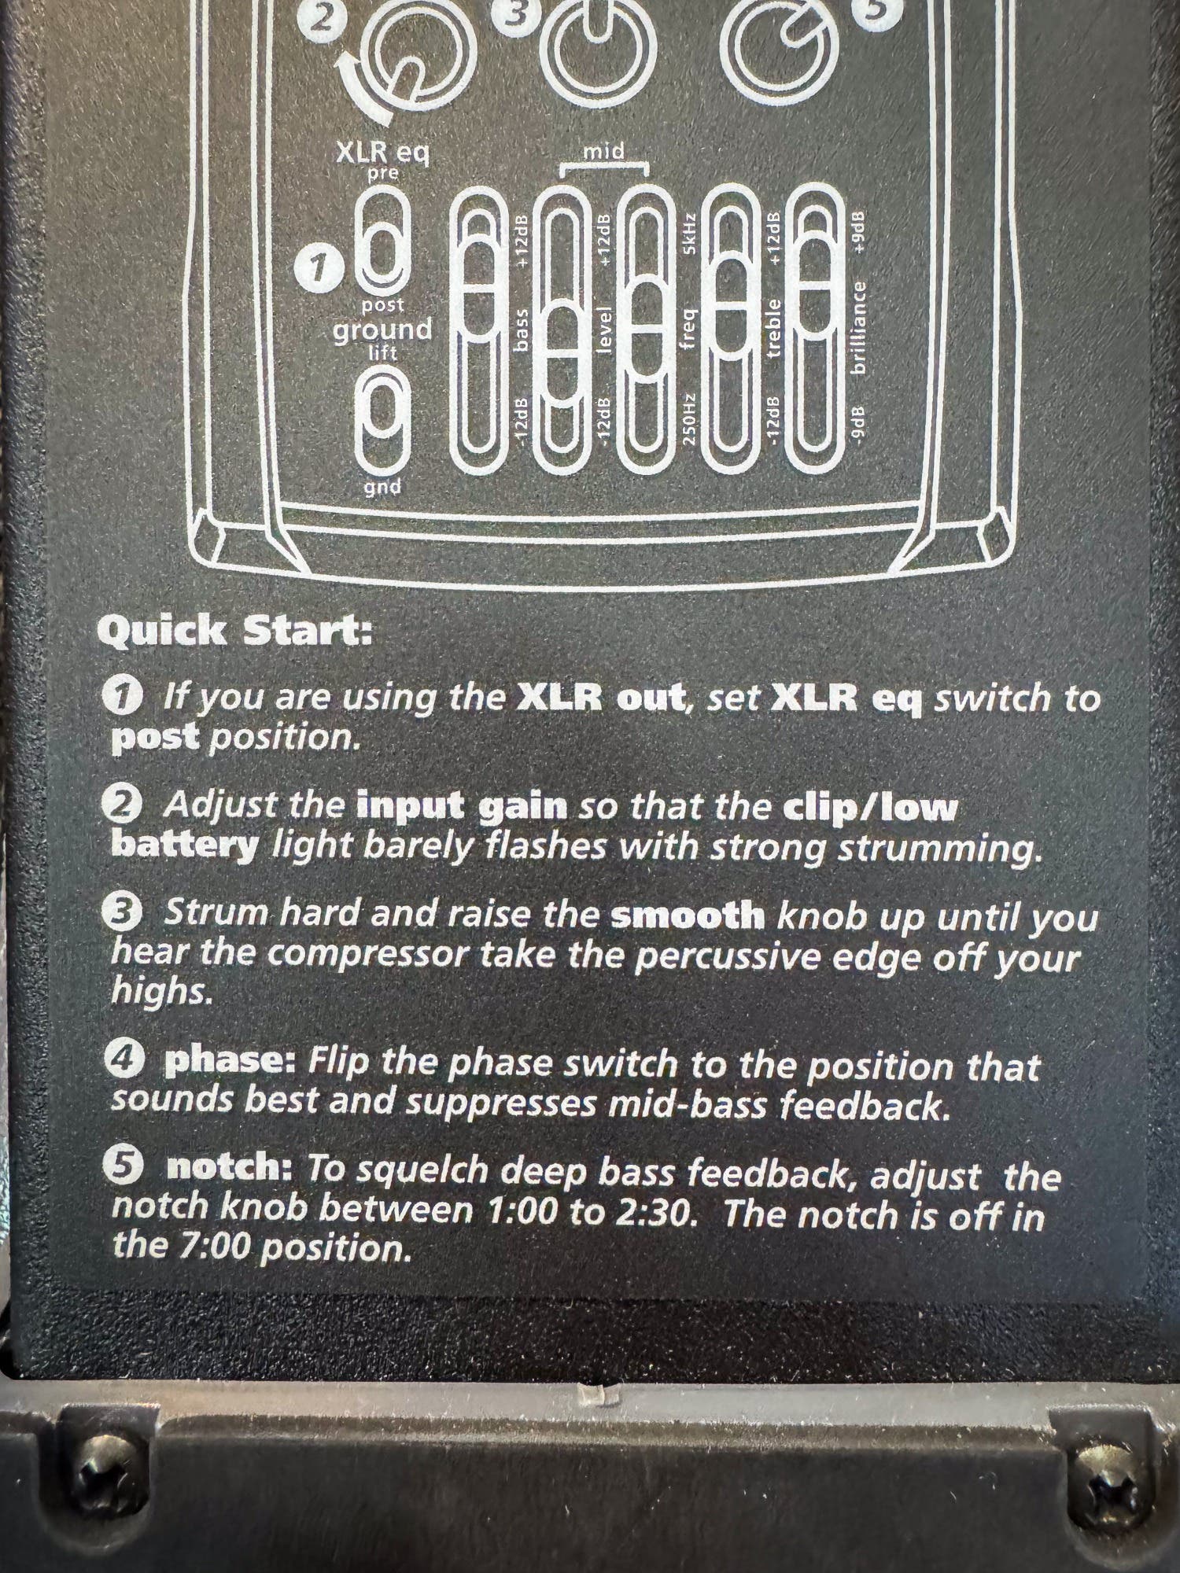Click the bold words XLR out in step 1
(x=599, y=698)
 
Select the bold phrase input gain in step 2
(x=461, y=807)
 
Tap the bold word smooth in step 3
(x=687, y=915)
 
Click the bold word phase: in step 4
(x=229, y=1063)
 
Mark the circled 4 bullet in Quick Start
(x=123, y=1063)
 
